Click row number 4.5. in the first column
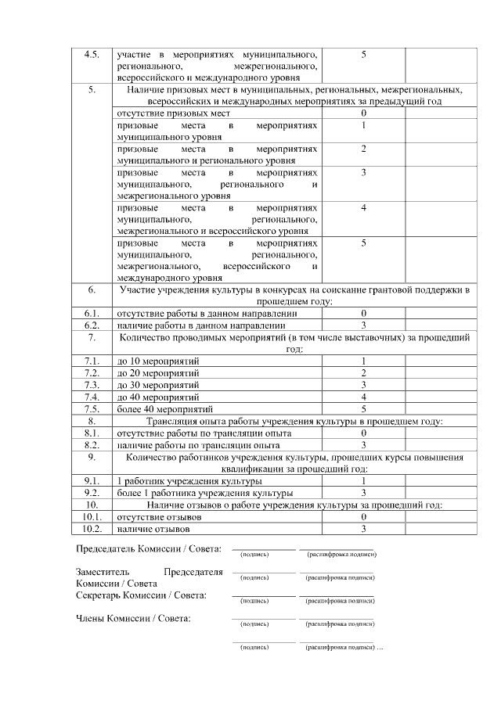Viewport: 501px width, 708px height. [x=91, y=55]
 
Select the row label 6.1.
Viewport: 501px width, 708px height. [x=91, y=313]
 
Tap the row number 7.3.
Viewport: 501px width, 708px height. [x=91, y=385]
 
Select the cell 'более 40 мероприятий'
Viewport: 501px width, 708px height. [x=164, y=409]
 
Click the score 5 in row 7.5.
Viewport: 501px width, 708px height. [x=364, y=409]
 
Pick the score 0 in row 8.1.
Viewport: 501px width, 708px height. [x=364, y=433]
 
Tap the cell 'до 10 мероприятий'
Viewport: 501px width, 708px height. [x=158, y=361]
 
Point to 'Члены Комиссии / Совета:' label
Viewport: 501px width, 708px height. [x=133, y=620]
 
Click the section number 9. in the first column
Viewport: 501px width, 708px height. [x=91, y=456]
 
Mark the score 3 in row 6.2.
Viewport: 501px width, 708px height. [x=364, y=325]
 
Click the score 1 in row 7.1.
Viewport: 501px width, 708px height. [x=364, y=361]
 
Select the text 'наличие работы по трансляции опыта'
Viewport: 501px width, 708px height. [x=198, y=444]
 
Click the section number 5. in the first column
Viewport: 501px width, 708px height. [x=91, y=90]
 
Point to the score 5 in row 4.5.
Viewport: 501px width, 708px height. [x=364, y=55]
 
